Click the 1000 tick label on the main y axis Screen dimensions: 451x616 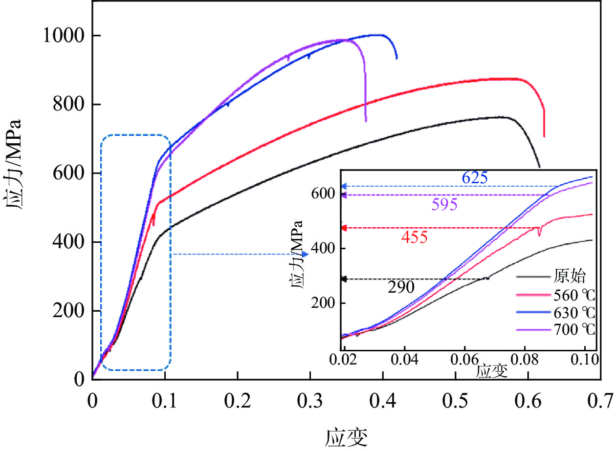pyautogui.click(x=64, y=36)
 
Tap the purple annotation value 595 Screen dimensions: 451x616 pyautogui.click(x=444, y=204)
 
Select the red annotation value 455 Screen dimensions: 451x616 pyautogui.click(x=414, y=237)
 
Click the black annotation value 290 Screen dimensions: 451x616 pyautogui.click(x=401, y=288)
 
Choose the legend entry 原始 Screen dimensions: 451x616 pyautogui.click(x=569, y=277)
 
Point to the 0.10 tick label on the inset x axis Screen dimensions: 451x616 pyautogui.click(x=585, y=361)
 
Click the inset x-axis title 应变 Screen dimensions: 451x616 pyautogui.click(x=491, y=371)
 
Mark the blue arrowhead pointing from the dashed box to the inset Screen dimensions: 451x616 pyautogui.click(x=306, y=254)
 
